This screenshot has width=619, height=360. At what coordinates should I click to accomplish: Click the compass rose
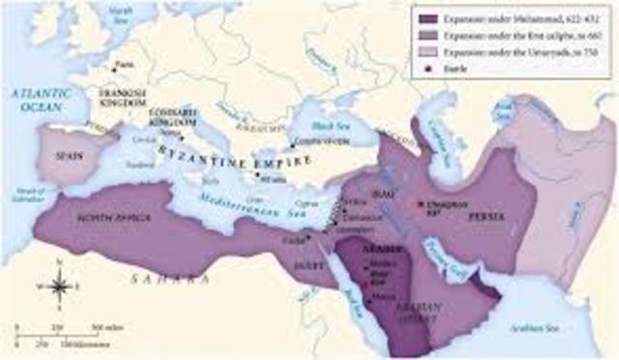point(59,286)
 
